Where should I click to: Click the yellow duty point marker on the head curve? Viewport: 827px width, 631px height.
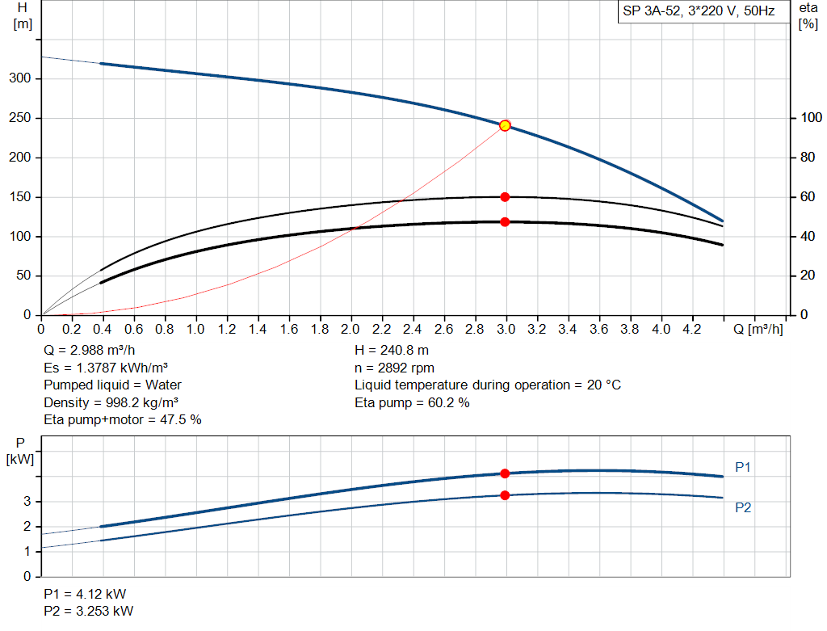pos(505,125)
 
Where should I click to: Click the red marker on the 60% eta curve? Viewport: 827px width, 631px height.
pos(505,196)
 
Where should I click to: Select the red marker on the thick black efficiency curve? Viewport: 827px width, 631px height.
pos(505,221)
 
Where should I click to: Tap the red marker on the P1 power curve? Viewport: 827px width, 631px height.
pos(505,473)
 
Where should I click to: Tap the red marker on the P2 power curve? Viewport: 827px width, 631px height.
pos(505,495)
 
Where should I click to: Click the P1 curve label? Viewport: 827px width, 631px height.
pos(743,467)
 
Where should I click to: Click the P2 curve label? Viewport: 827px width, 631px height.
pos(743,507)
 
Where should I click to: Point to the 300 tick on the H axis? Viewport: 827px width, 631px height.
pos(21,78)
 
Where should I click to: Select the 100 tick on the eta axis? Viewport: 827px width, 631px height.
pos(808,118)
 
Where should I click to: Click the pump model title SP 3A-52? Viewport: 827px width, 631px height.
pos(699,12)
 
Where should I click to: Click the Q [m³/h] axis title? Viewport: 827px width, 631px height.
pos(758,330)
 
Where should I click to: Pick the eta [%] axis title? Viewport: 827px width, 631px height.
pos(808,15)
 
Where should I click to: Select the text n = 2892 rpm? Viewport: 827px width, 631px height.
pos(394,368)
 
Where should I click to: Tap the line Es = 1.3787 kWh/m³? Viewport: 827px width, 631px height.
pos(105,368)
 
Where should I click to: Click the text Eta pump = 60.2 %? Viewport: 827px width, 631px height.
pos(412,402)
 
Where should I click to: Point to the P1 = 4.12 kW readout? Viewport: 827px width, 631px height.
pos(85,593)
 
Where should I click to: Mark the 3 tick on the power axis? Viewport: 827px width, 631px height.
pos(27,502)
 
